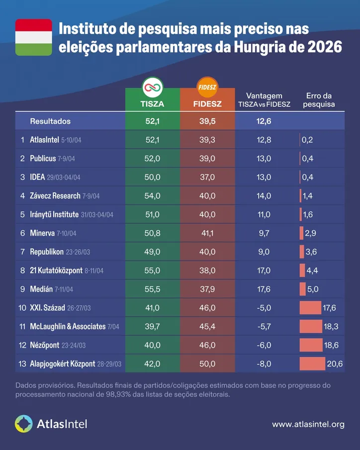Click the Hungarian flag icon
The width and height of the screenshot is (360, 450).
pos(33,37)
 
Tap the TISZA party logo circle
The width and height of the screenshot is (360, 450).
pos(152,87)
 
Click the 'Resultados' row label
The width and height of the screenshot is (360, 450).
pos(50,121)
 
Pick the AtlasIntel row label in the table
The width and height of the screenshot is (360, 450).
pos(45,140)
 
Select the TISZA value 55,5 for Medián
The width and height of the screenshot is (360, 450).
pos(152,289)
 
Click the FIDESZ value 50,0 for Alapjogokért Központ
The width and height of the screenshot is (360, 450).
pos(206,364)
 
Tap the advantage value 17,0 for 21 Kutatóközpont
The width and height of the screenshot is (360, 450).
pos(265,270)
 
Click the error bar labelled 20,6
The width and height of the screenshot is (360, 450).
pos(312,364)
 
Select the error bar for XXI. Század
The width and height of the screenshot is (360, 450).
pos(310,308)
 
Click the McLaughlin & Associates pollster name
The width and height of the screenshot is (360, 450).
pos(67,327)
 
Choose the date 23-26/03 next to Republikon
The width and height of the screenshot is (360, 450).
pos(77,252)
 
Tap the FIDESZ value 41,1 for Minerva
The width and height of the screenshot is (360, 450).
pos(206,233)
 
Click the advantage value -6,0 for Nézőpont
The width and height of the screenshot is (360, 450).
pos(265,345)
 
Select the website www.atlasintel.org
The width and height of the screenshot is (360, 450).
pos(308,424)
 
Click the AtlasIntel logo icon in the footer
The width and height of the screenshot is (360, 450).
pos(24,424)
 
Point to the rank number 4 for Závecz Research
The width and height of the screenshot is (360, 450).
pos(22,196)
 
